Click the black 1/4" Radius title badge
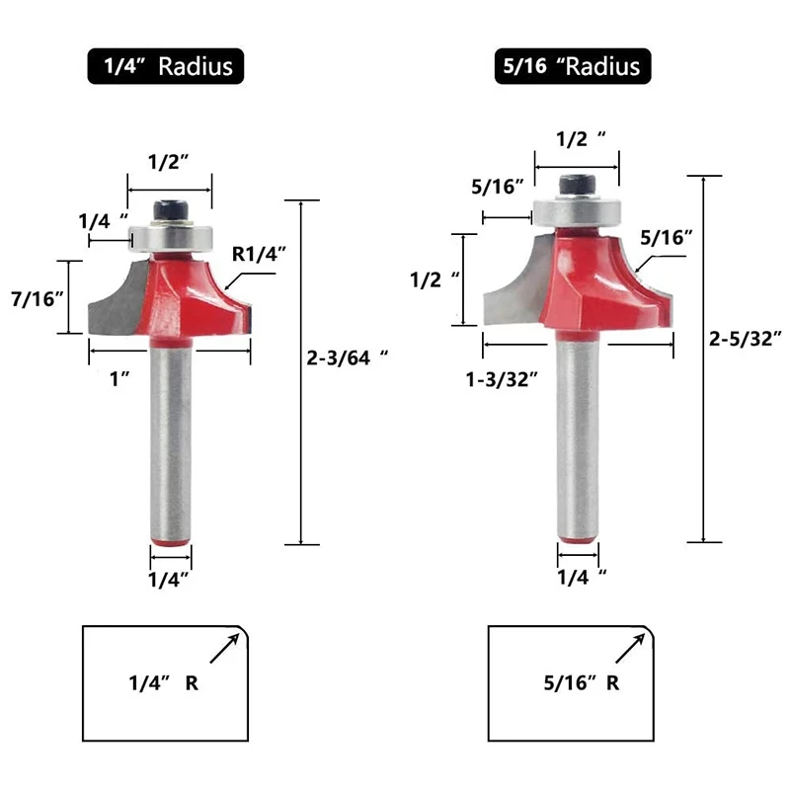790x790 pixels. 166,66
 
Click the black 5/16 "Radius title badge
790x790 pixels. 573,66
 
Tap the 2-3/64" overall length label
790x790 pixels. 348,357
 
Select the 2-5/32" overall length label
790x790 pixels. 746,339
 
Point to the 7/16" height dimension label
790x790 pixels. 38,299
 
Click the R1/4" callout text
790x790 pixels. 259,255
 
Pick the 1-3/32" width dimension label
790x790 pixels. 502,379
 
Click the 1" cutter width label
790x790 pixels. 119,379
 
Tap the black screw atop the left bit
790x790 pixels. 171,210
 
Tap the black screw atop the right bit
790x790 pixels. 578,185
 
